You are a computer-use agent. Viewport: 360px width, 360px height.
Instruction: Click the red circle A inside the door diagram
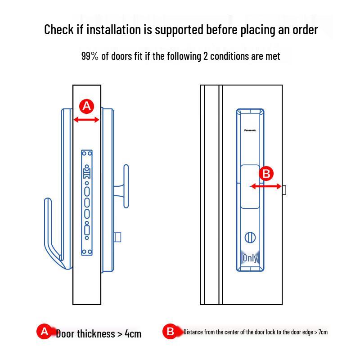point(87,107)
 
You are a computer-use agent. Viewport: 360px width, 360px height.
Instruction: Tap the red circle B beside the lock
point(266,174)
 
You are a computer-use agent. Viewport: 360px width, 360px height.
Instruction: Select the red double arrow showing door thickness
point(86,120)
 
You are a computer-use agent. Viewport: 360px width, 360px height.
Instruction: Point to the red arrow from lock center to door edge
point(266,186)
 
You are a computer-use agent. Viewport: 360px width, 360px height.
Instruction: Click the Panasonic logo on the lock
point(250,130)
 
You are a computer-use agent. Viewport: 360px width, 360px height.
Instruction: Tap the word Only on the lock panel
point(250,258)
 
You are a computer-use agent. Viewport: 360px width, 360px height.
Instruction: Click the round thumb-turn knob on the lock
point(250,238)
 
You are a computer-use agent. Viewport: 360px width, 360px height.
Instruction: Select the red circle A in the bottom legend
point(44,332)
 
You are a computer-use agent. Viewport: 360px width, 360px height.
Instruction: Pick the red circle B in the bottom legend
point(170,332)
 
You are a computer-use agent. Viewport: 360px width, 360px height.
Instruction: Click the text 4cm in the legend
point(133,334)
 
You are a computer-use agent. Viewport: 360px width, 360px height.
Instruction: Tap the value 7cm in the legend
point(322,333)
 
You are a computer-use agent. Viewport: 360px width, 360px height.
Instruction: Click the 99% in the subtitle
point(90,56)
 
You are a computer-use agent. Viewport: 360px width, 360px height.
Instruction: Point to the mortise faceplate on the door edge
point(87,202)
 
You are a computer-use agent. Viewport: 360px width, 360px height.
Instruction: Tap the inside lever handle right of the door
point(126,186)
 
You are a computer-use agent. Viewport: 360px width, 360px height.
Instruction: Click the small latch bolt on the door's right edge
point(284,190)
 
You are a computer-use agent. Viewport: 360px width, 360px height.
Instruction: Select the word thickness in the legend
point(96,334)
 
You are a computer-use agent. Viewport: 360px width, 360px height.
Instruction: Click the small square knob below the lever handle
point(117,237)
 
